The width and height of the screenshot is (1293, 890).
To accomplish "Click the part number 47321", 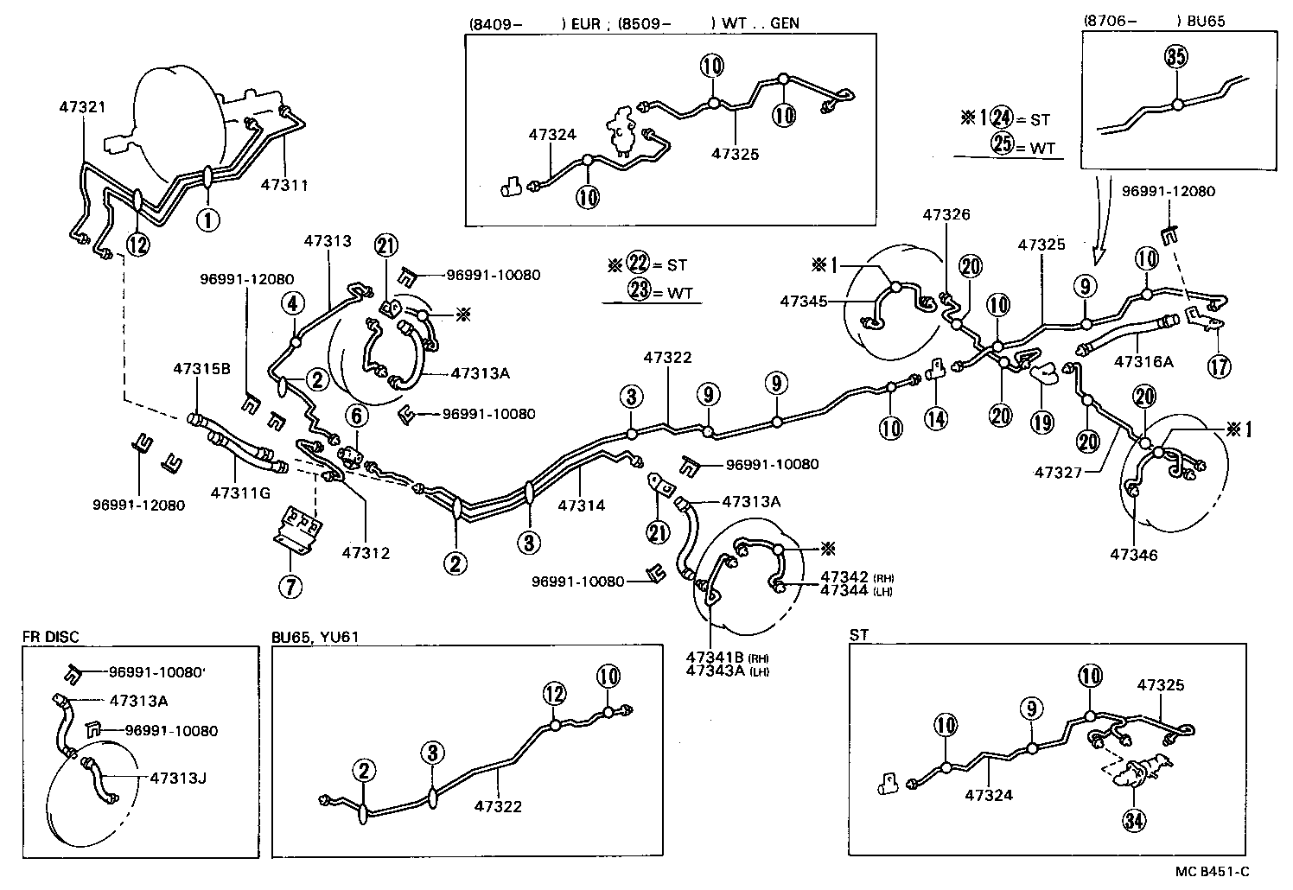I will (x=83, y=108).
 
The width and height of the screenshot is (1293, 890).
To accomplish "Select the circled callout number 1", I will (x=207, y=219).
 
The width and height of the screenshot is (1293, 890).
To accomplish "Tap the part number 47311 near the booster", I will (x=285, y=185).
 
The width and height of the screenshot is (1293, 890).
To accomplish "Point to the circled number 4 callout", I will (x=294, y=303).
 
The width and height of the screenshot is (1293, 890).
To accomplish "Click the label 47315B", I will (x=201, y=368).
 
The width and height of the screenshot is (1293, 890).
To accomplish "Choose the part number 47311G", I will (x=240, y=493).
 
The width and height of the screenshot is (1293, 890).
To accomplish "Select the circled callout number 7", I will (x=290, y=586).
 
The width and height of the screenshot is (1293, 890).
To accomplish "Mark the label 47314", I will (x=582, y=505).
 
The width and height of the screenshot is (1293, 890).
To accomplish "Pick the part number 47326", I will (x=946, y=214).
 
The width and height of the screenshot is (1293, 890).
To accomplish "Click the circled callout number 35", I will (x=1176, y=58).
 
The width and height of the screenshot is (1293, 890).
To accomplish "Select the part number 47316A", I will (x=1143, y=362).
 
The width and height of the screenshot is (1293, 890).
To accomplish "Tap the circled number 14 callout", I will (x=935, y=418).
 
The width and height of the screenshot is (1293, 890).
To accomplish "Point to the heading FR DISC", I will (x=50, y=637).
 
